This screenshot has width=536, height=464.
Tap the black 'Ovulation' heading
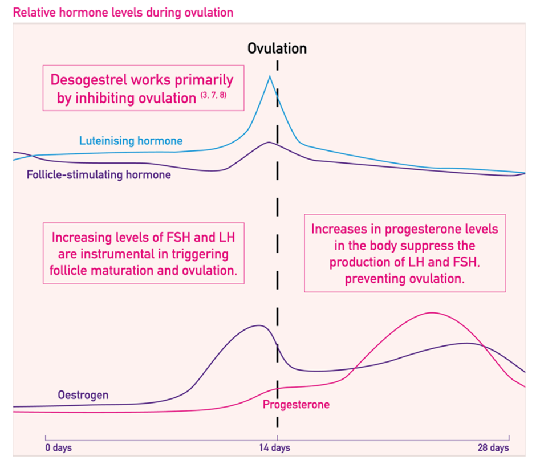click(277, 48)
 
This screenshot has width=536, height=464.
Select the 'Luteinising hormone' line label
click(131, 140)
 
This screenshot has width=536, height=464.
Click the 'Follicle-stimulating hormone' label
click(99, 175)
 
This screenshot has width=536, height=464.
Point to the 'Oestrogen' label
click(83, 394)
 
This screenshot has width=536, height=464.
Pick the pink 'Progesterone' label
click(296, 405)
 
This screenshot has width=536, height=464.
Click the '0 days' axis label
click(59, 447)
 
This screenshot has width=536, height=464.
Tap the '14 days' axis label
click(277, 447)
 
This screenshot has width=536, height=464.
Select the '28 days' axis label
click(493, 447)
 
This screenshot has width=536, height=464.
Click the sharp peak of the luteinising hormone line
click(270, 76)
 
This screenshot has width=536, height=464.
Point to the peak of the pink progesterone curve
click(432, 312)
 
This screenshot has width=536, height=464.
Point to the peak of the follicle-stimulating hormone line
click(269, 143)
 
